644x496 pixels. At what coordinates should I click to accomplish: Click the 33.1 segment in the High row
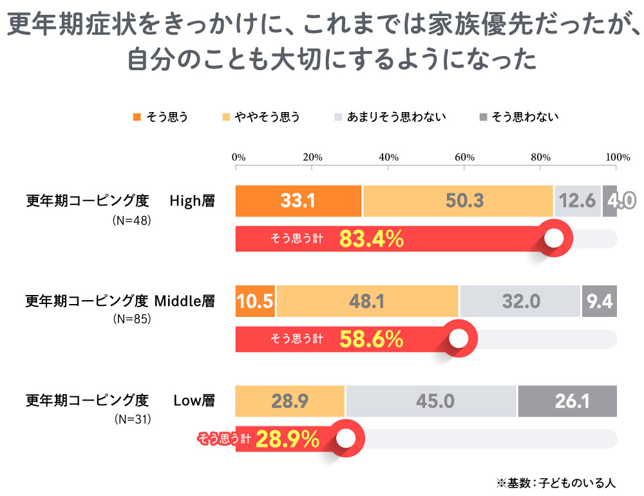pyautogui.click(x=298, y=201)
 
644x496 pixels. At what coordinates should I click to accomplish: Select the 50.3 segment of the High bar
pyautogui.click(x=458, y=201)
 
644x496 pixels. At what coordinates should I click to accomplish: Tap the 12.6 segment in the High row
pyautogui.click(x=578, y=201)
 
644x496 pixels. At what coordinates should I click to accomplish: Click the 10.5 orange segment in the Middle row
pyautogui.click(x=256, y=301)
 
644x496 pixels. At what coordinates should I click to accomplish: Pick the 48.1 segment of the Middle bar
pyautogui.click(x=367, y=301)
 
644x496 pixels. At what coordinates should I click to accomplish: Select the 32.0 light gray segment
pyautogui.click(x=520, y=301)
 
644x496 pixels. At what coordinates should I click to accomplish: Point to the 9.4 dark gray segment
pyautogui.click(x=600, y=301)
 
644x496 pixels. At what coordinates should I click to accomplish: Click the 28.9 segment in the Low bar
pyautogui.click(x=290, y=401)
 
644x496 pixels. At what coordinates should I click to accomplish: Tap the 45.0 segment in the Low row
pyautogui.click(x=431, y=401)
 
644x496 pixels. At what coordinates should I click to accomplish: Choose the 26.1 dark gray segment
pyautogui.click(x=567, y=401)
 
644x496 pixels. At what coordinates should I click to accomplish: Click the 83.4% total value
pyautogui.click(x=372, y=239)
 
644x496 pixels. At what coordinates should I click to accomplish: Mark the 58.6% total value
pyautogui.click(x=372, y=339)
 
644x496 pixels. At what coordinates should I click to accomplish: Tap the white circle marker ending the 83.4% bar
pyautogui.click(x=554, y=239)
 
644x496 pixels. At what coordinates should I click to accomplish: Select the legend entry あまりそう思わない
pyautogui.click(x=395, y=117)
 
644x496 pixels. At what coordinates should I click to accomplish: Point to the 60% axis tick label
pyautogui.click(x=464, y=157)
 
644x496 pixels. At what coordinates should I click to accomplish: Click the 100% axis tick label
pyautogui.click(x=618, y=157)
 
